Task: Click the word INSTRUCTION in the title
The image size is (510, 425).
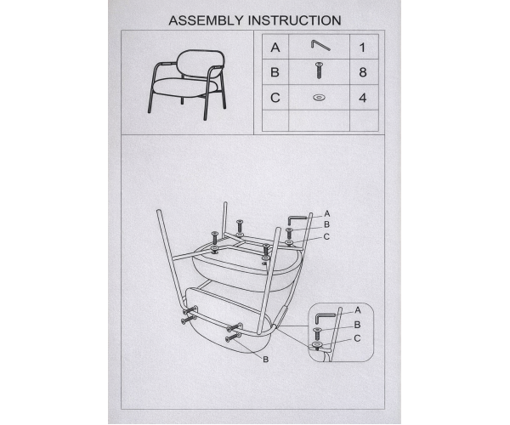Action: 295,20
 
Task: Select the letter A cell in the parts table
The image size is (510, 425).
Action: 275,48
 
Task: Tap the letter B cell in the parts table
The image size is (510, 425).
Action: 275,72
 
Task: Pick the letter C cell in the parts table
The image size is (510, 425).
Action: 275,98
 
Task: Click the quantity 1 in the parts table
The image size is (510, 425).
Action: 362,48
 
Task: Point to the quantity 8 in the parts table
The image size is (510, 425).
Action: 363,72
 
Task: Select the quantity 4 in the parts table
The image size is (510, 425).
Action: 363,98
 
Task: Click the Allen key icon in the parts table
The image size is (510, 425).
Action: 320,45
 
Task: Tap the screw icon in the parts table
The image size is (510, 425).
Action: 319,71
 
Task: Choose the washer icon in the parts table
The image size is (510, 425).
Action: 319,97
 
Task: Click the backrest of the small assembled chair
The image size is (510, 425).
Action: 201,63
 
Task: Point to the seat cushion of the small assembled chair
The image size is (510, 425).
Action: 184,88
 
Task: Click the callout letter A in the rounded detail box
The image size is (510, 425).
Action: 358,310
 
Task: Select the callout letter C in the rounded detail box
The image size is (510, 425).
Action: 357,338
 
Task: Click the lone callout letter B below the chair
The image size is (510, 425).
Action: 266,360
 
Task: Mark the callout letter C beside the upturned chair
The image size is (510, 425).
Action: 326,237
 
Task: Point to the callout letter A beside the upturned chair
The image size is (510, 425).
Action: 327,213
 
